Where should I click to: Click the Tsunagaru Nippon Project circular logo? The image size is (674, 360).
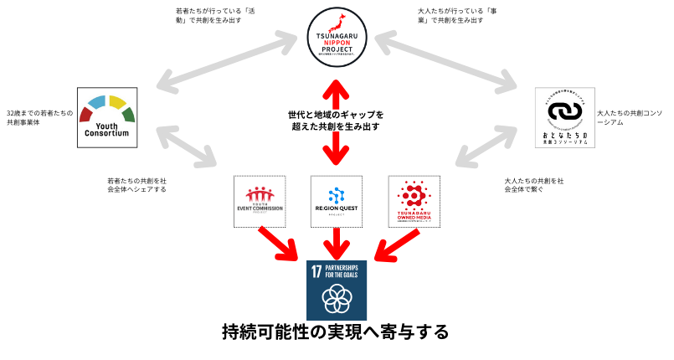337,37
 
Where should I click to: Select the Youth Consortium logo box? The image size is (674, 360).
107,117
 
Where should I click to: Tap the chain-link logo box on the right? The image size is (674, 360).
564,117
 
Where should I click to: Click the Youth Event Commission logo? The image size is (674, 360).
260,201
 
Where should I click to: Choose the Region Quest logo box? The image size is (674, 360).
337,201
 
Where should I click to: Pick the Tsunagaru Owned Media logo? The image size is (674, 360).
414,201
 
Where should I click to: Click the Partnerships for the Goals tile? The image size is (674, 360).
337,290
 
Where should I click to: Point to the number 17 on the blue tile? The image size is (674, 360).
316,271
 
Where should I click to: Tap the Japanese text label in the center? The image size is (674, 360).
336,121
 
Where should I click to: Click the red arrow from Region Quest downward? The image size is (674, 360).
337,244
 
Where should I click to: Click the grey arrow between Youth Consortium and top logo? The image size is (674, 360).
226,61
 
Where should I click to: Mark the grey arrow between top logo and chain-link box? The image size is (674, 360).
445,60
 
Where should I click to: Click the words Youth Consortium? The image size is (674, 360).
106,130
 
